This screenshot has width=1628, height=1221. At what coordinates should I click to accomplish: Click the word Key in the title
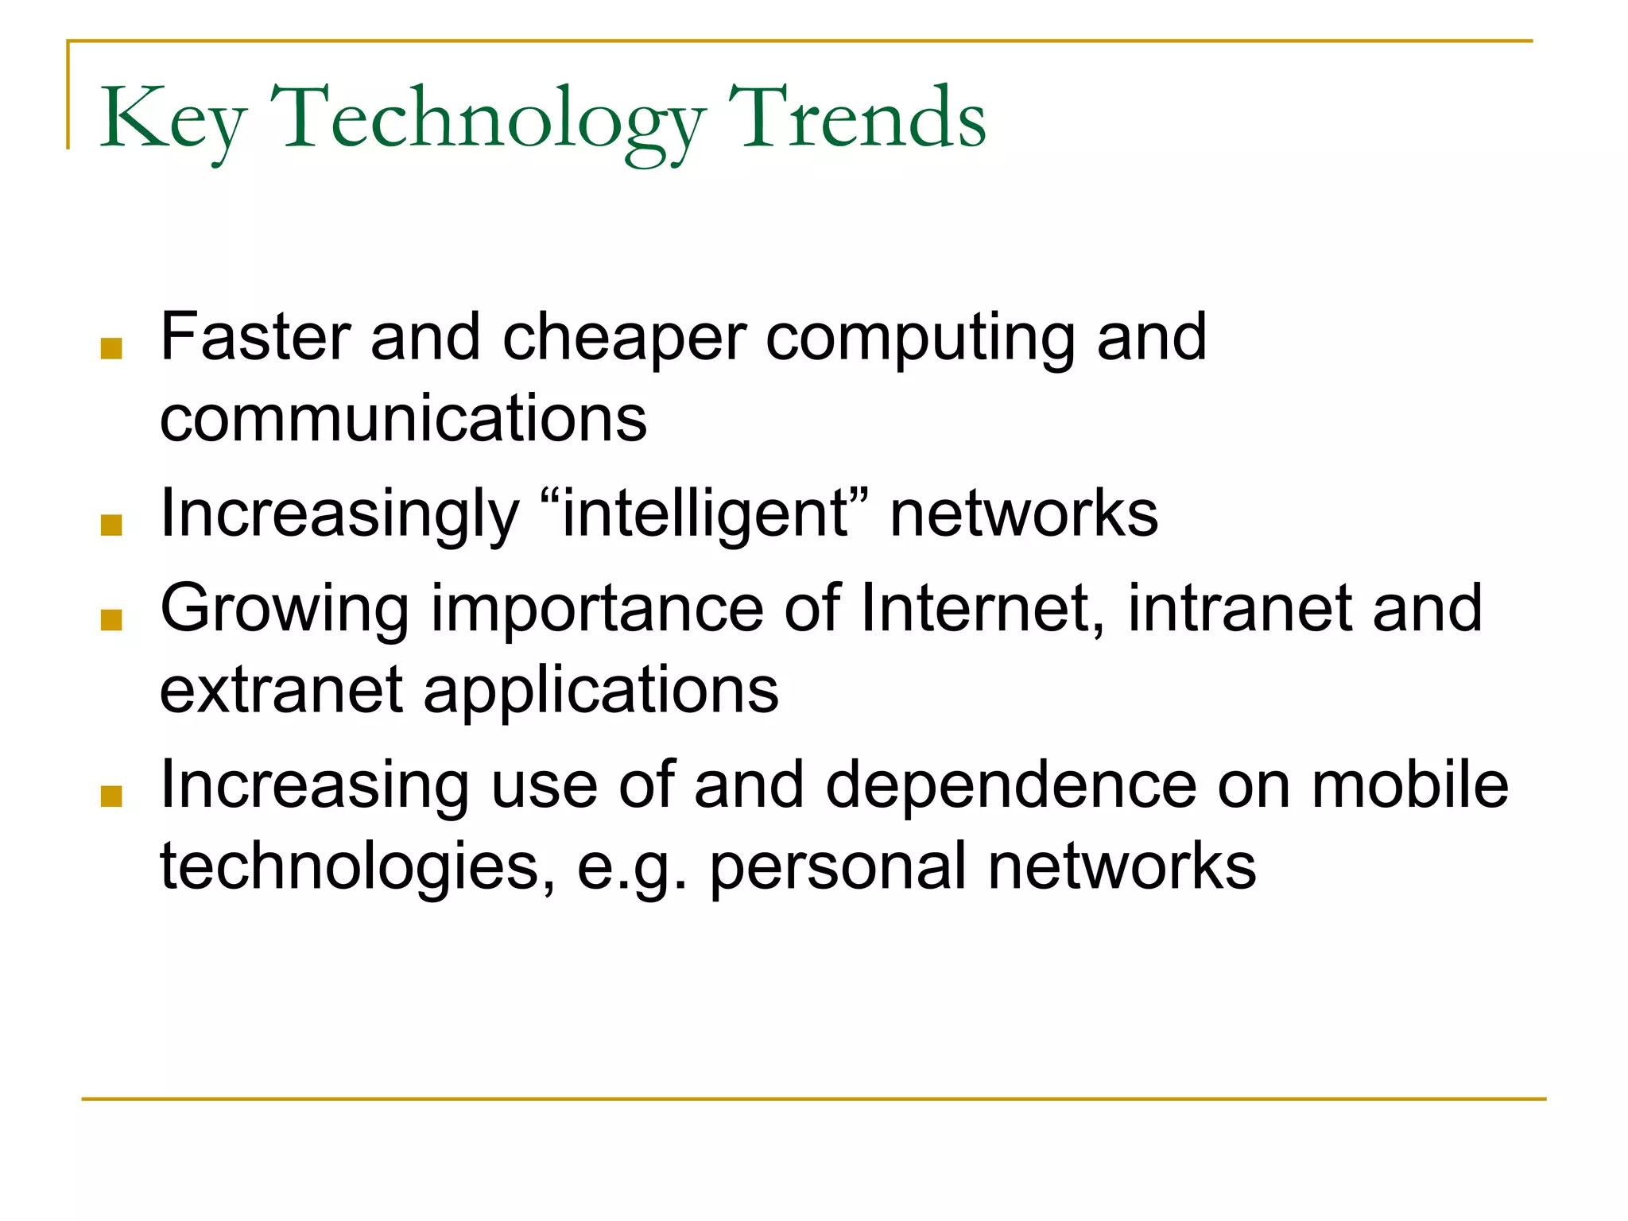[172, 119]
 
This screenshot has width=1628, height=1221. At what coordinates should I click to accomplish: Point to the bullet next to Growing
[111, 620]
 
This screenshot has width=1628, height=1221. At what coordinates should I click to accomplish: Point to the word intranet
[1238, 609]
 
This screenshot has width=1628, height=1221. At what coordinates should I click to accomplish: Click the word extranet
[281, 690]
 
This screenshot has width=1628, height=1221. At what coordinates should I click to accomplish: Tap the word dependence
[1011, 785]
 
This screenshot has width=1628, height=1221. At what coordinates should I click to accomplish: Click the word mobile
[1409, 785]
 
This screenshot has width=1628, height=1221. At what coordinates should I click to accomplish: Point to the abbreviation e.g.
[631, 868]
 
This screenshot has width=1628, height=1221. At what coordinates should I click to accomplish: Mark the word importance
[597, 610]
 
